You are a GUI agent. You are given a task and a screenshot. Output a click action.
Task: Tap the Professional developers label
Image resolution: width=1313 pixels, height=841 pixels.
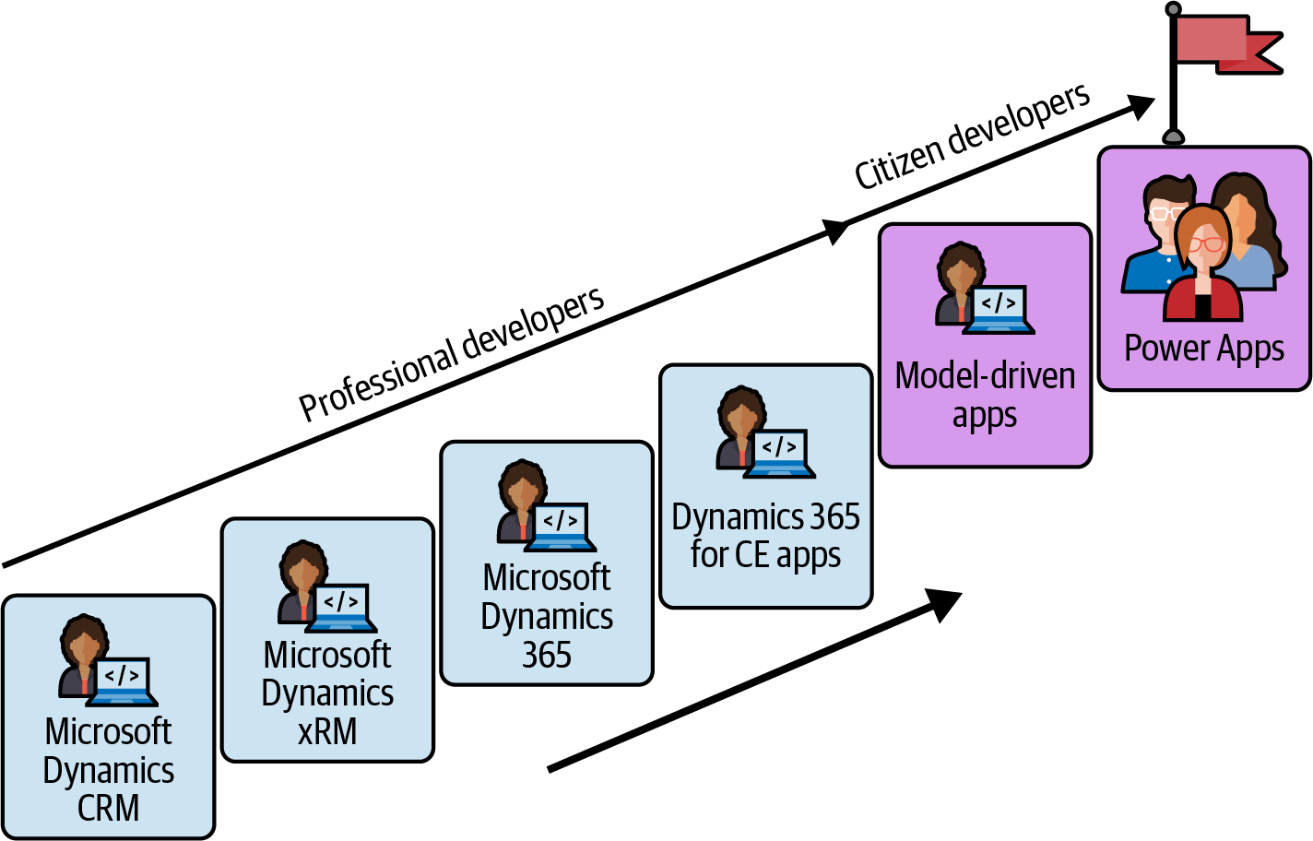pos(451,354)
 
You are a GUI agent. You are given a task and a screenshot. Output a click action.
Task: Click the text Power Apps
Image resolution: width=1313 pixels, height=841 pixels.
pos(1203,349)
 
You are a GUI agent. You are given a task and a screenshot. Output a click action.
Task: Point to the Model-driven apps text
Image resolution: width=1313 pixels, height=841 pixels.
pos(985,395)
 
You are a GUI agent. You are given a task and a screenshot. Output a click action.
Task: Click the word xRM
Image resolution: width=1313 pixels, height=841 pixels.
pos(327,731)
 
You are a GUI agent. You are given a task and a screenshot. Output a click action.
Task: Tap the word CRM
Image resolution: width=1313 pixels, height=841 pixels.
pos(109,808)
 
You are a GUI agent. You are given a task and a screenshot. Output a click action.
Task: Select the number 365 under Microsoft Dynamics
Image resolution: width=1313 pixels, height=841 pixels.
pos(547,655)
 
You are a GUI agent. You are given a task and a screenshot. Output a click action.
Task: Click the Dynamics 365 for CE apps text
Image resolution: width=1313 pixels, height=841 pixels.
pos(765,536)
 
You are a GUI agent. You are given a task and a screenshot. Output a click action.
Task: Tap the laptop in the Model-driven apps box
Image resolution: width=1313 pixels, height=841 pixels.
pos(999,309)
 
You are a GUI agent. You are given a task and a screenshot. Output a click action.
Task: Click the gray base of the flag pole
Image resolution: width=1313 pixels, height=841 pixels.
pos(1173,137)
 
